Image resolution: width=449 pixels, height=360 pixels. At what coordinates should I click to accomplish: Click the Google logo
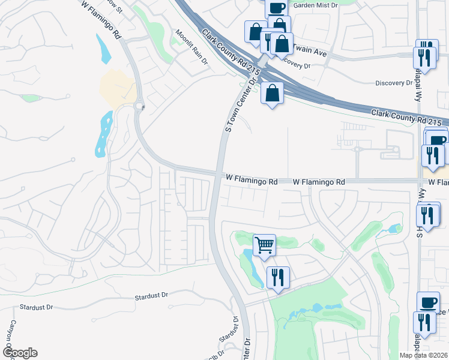(20, 353)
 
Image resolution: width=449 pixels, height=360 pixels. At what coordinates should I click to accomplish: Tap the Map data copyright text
(424, 355)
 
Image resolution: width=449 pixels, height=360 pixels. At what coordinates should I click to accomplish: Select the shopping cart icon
(264, 245)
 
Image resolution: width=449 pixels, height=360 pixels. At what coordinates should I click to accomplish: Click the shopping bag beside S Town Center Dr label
(272, 93)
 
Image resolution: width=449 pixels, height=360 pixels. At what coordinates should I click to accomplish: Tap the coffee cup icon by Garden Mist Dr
(276, 8)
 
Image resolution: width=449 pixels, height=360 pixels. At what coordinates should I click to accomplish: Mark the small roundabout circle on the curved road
(140, 107)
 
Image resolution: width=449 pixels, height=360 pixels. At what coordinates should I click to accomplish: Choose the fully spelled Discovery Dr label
(391, 83)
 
